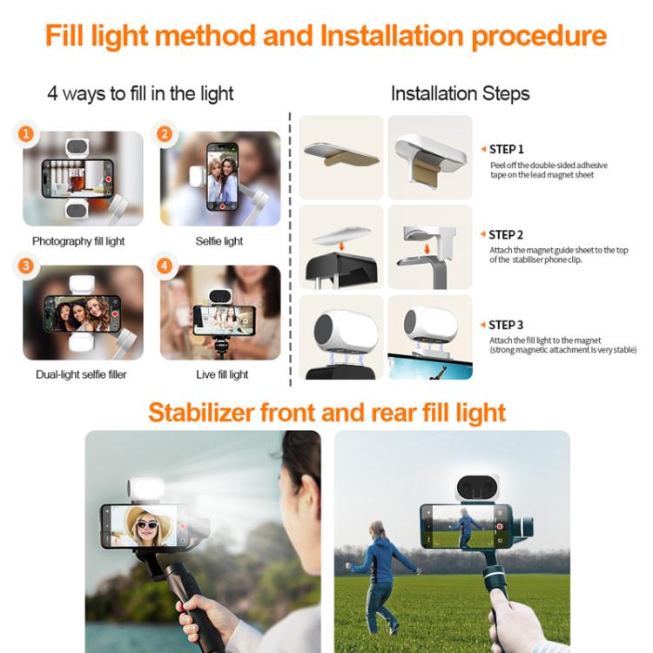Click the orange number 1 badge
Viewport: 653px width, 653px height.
click(x=27, y=134)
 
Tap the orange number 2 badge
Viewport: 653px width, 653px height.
click(x=165, y=134)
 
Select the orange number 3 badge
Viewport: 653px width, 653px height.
click(x=27, y=266)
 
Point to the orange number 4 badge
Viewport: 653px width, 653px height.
click(x=165, y=266)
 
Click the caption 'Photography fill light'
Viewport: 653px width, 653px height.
click(x=78, y=241)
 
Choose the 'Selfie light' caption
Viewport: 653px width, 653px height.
click(x=220, y=241)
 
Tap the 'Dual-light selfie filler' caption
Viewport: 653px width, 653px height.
click(x=79, y=374)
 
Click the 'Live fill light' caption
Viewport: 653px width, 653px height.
click(x=222, y=374)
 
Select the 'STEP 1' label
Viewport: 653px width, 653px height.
click(x=507, y=149)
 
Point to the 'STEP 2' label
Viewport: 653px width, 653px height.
click(x=507, y=234)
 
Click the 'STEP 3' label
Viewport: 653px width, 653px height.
click(x=507, y=325)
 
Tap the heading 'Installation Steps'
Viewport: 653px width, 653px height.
click(x=460, y=93)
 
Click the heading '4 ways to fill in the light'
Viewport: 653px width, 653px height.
click(x=140, y=93)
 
